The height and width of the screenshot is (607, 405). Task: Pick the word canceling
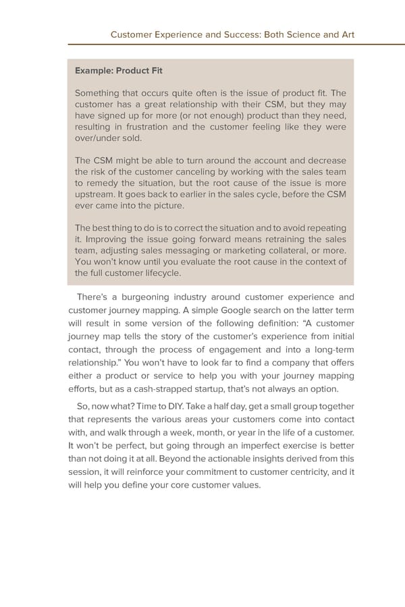pyautogui.click(x=198, y=171)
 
